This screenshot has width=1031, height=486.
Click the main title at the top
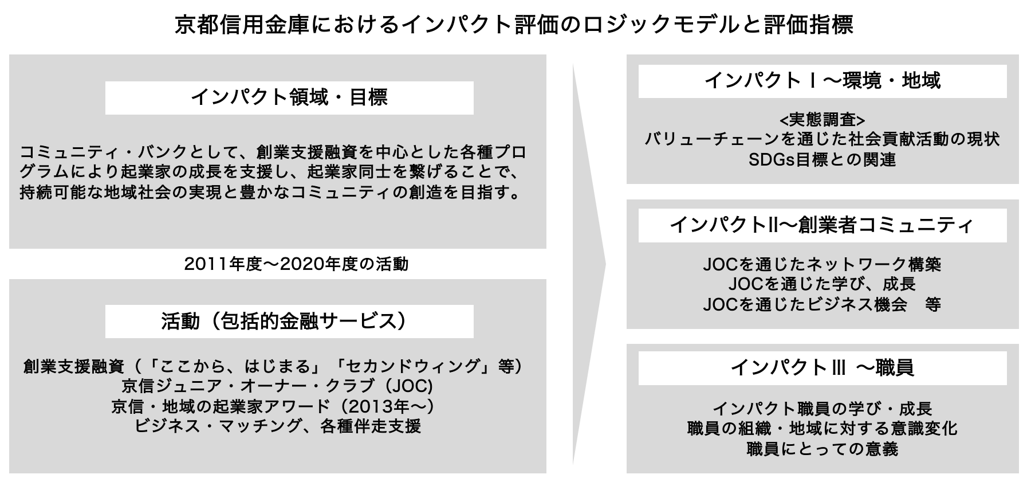tap(514, 25)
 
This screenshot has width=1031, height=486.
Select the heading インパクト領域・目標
tap(289, 97)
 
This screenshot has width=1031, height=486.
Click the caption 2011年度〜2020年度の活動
tap(296, 264)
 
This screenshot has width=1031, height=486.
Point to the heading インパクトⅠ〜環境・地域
tap(822, 81)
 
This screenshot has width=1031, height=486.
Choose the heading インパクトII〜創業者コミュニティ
tap(822, 225)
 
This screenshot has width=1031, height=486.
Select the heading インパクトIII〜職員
tap(822, 367)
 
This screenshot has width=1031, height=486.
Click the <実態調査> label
tap(822, 120)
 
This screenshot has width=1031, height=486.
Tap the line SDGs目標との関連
tap(822, 160)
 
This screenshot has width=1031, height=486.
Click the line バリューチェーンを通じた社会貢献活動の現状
tap(822, 139)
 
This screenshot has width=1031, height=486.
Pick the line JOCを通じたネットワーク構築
tap(822, 264)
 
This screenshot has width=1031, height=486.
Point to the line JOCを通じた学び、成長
tap(822, 284)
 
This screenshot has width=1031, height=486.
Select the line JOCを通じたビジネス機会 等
tap(822, 304)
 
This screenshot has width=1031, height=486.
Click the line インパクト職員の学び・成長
tap(822, 409)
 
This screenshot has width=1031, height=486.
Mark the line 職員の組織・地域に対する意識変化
tap(822, 429)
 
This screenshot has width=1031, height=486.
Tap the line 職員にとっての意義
tap(822, 449)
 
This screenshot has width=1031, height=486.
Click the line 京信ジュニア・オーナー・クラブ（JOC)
tap(277, 386)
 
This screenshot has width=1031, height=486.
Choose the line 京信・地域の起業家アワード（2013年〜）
tap(273, 406)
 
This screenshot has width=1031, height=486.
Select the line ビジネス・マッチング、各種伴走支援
tap(277, 426)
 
